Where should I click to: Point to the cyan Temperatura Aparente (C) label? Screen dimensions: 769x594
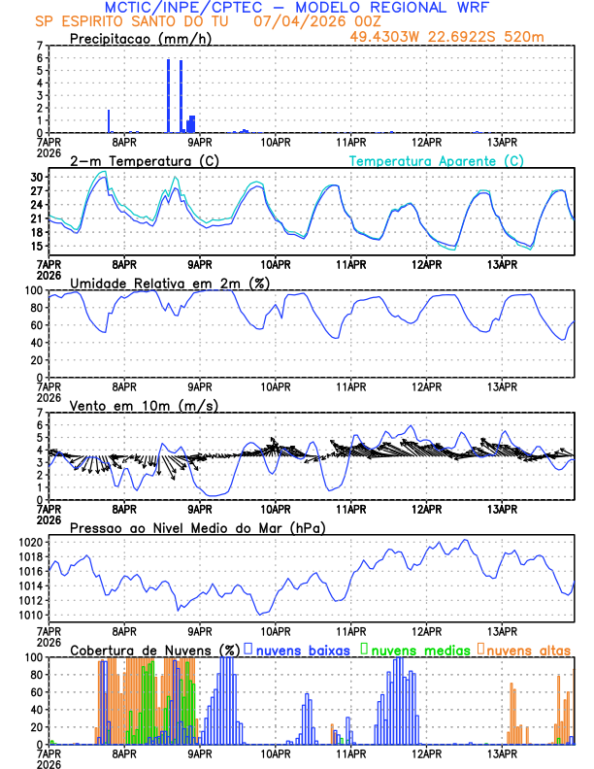pyautogui.click(x=437, y=160)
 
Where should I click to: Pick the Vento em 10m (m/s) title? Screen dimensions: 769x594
pyautogui.click(x=144, y=405)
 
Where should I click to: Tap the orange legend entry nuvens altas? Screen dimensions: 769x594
pyautogui.click(x=528, y=649)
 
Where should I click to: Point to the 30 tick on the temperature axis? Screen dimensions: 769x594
pyautogui.click(x=37, y=178)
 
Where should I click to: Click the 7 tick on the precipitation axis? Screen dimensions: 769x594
pyautogui.click(x=40, y=46)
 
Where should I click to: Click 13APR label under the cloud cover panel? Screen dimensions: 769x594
pyautogui.click(x=503, y=753)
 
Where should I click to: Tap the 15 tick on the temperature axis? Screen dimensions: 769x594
pyautogui.click(x=37, y=247)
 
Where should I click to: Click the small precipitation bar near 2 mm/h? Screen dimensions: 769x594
pyautogui.click(x=109, y=121)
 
